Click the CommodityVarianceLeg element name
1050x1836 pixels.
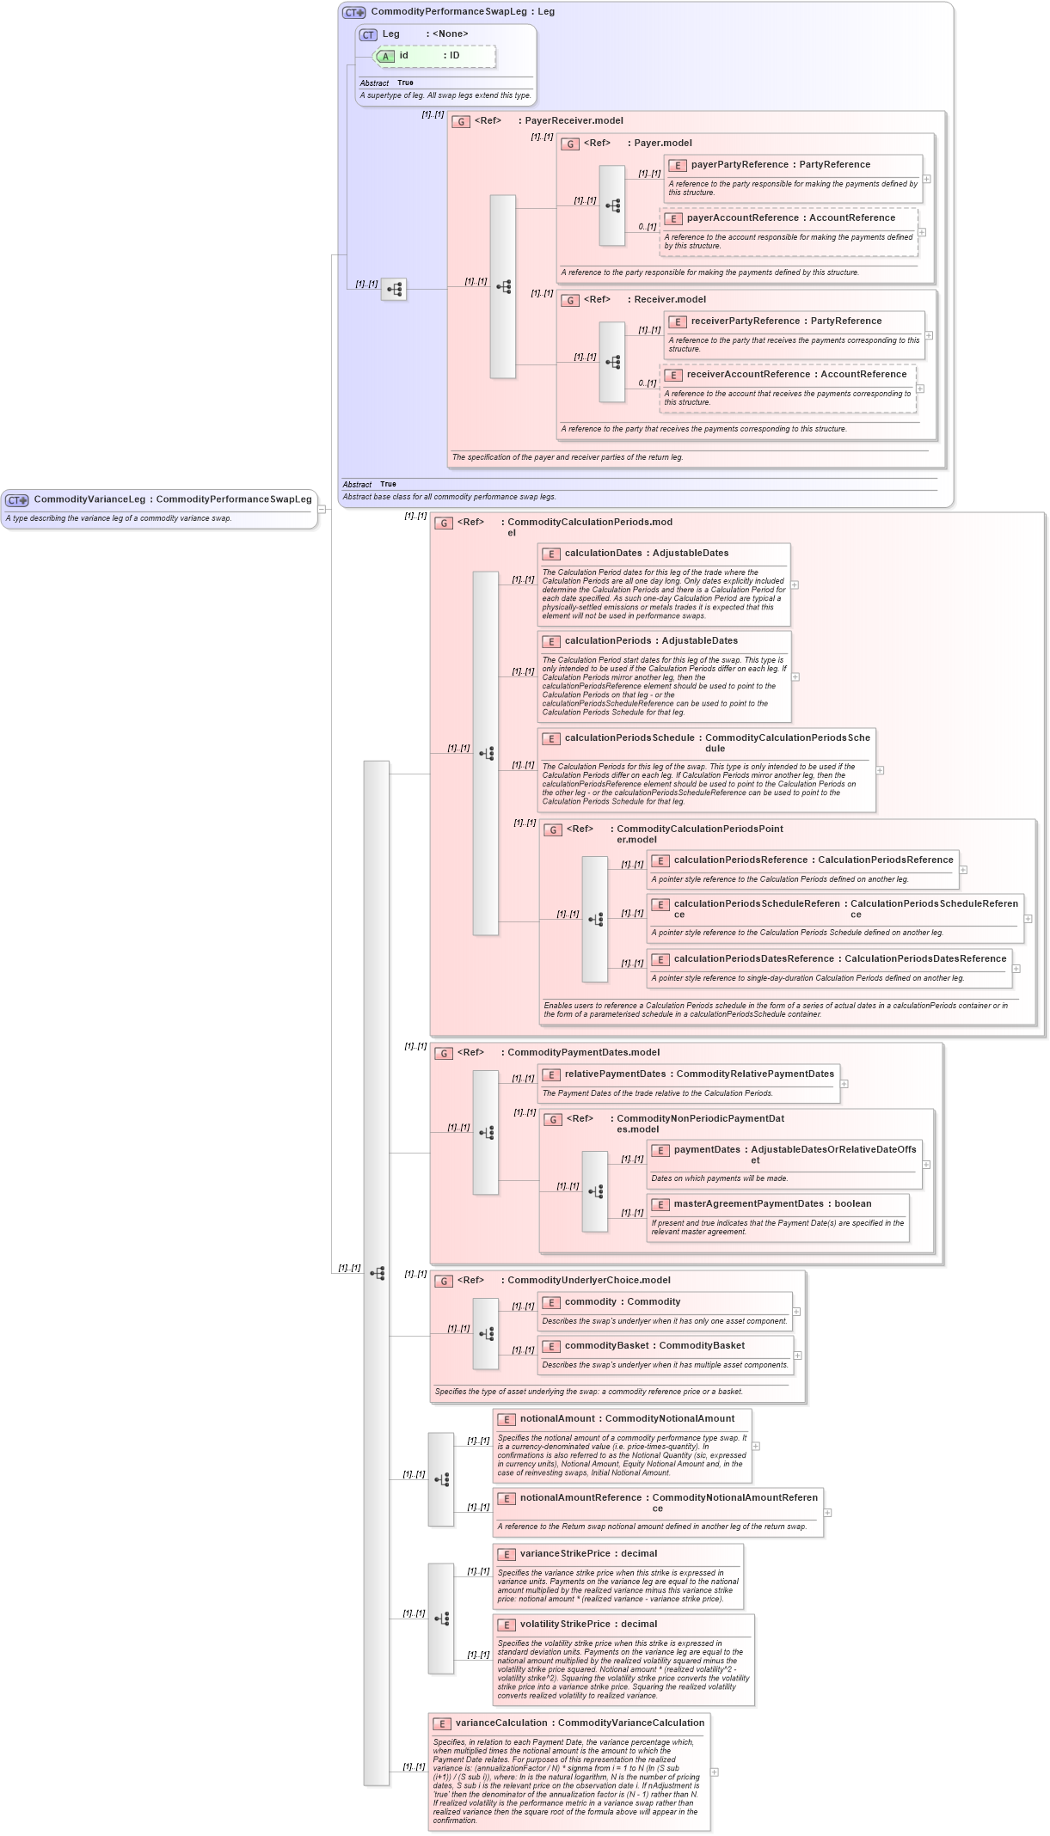[89, 499]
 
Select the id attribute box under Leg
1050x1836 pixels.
[434, 56]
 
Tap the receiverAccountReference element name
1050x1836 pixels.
[748, 375]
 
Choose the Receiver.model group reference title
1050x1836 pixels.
[669, 300]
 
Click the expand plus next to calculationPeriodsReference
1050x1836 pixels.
[963, 870]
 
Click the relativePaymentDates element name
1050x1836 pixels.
[615, 1074]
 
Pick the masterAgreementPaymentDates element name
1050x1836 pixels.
[748, 1204]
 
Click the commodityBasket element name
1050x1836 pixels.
[606, 1346]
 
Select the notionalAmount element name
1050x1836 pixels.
[557, 1419]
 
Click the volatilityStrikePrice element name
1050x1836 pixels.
[565, 1625]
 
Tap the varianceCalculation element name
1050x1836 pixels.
[501, 1723]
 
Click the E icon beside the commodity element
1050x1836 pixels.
[551, 1303]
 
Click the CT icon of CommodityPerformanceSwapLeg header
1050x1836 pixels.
[353, 13]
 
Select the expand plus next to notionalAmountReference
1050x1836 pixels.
[827, 1513]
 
